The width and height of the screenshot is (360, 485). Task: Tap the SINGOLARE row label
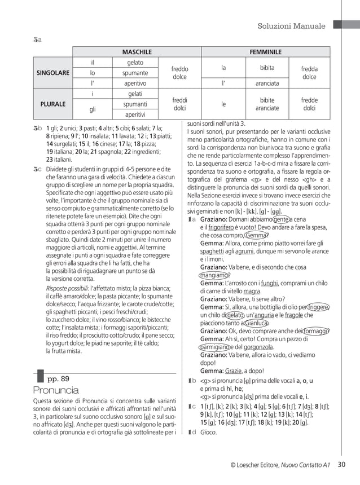(53, 73)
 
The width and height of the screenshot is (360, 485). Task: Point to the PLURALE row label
(53, 104)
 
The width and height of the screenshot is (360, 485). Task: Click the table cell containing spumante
(135, 73)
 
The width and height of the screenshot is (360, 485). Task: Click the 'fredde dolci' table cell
(309, 104)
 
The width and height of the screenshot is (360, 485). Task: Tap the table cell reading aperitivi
(135, 115)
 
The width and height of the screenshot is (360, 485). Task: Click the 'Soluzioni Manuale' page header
(291, 27)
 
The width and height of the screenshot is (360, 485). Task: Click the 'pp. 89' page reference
(59, 378)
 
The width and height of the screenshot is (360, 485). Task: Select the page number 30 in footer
(341, 465)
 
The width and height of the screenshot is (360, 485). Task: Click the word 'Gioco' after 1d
(208, 433)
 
